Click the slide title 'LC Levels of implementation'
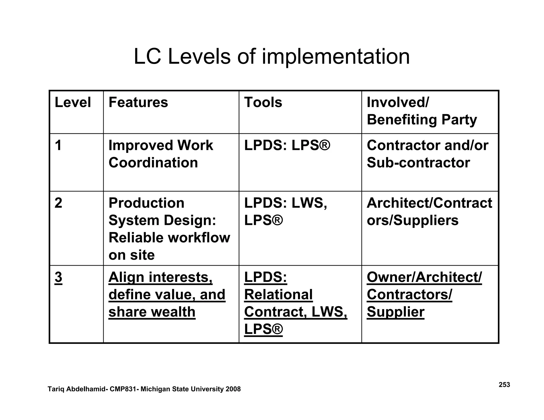[271, 57]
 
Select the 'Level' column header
[73, 102]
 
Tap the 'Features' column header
[138, 102]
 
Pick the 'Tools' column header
[263, 102]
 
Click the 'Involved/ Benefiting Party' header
[422, 111]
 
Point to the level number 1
[58, 145]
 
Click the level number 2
[58, 203]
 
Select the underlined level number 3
[58, 277]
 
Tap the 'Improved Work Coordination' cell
[160, 154]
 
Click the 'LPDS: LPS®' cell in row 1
[287, 145]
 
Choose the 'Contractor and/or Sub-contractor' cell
[427, 154]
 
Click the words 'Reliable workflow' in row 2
[169, 238]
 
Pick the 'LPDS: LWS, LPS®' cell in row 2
[285, 212]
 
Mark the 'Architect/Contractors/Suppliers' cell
[429, 212]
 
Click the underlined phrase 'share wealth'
[152, 312]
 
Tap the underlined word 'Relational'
[278, 295]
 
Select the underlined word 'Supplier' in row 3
[395, 312]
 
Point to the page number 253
[504, 385]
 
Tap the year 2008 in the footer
[233, 389]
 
